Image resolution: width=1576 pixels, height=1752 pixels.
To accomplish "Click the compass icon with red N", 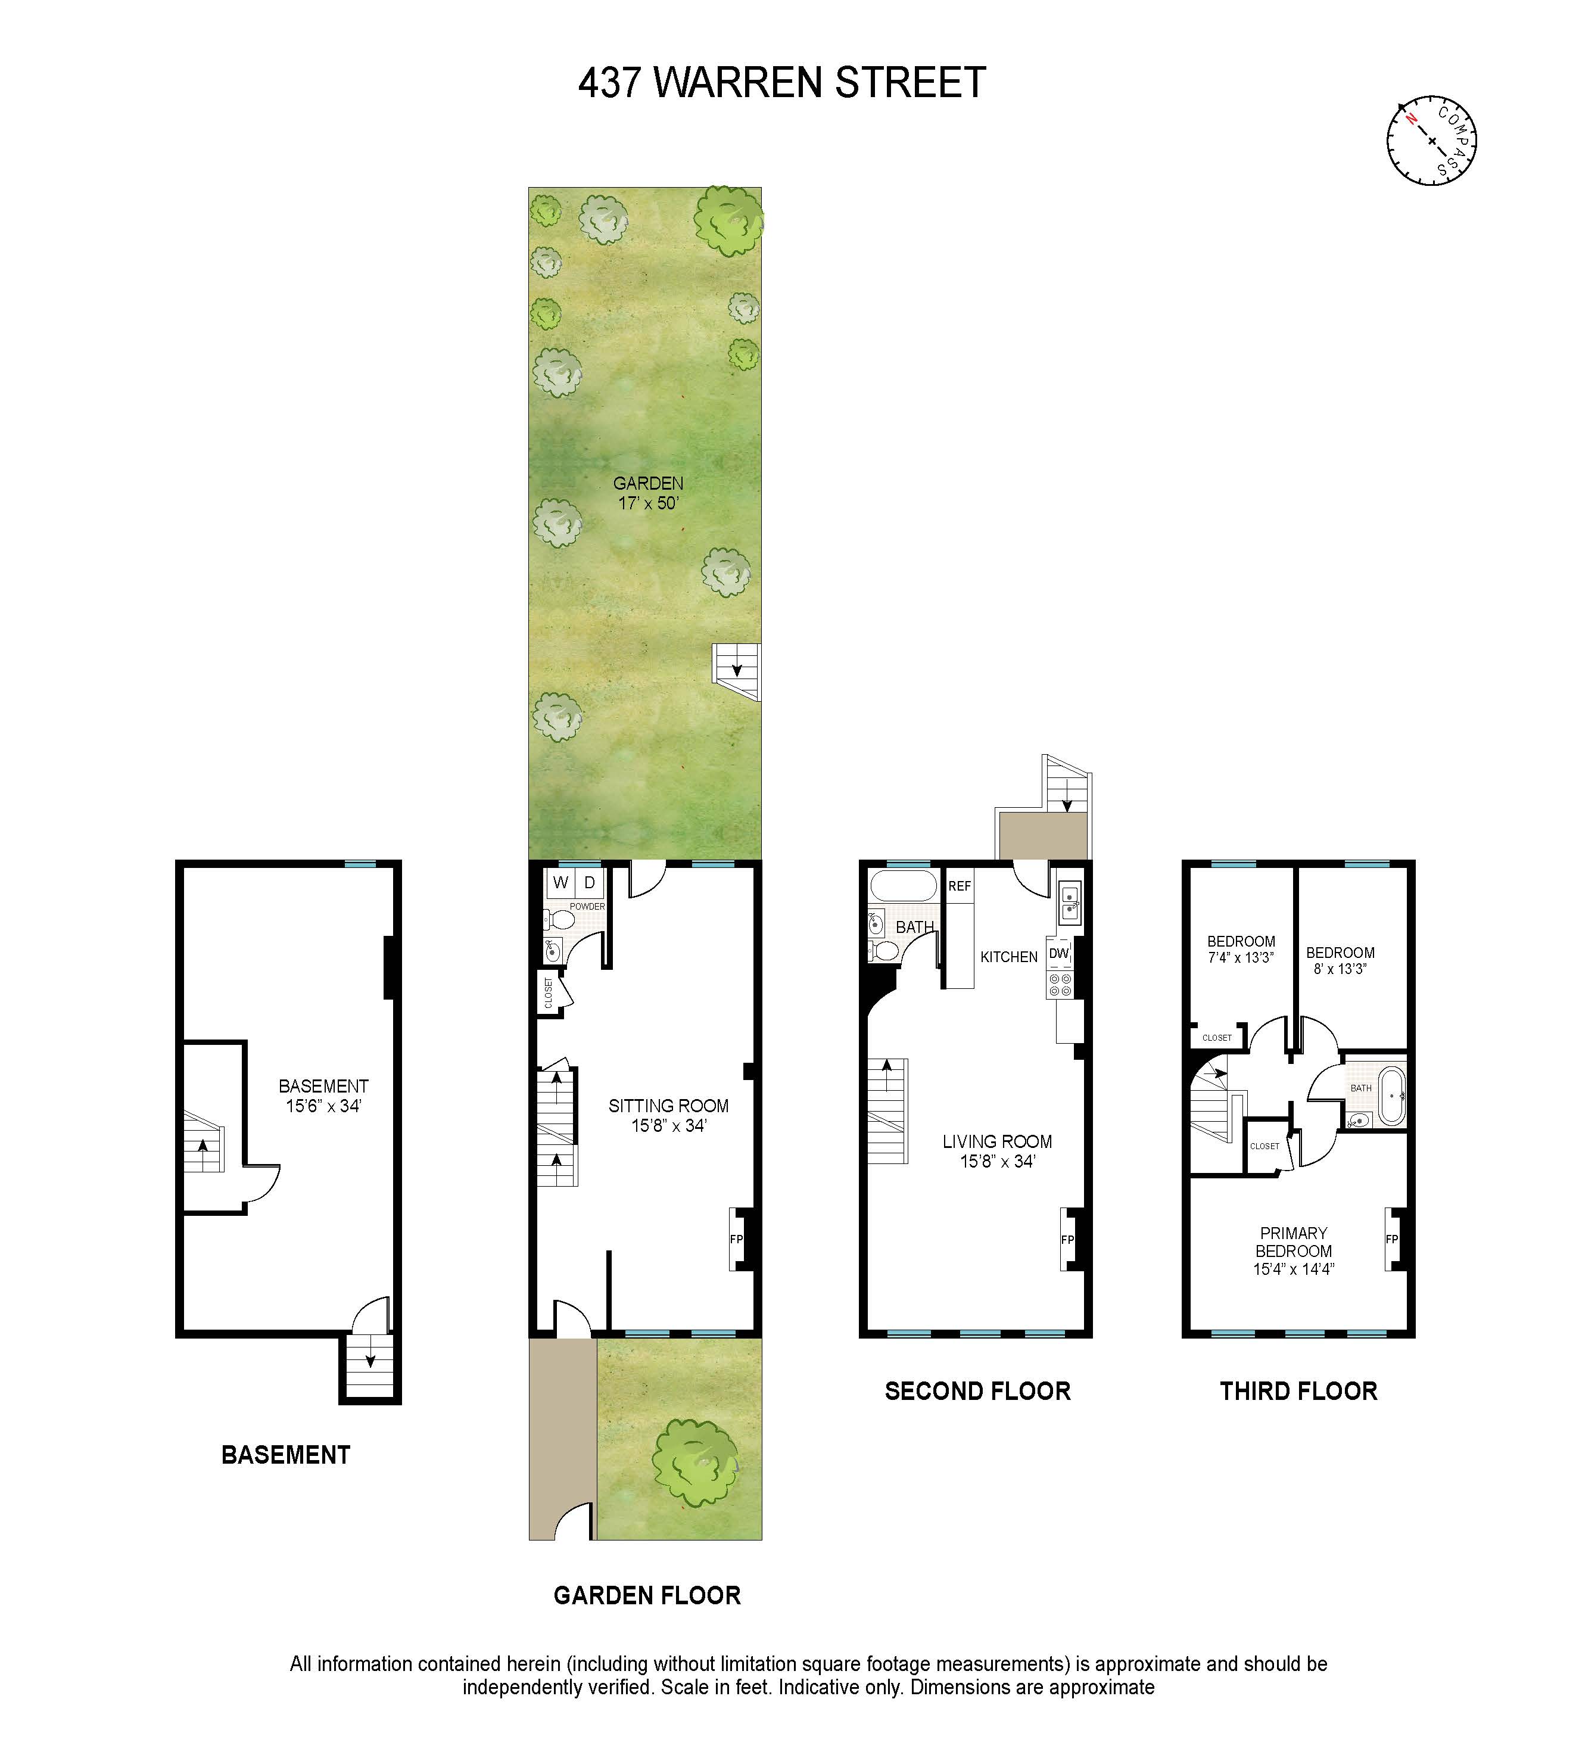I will pyautogui.click(x=1431, y=141).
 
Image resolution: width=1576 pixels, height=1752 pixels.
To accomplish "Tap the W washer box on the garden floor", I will pyautogui.click(x=560, y=882).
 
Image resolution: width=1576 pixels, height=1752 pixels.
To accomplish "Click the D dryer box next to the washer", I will pyautogui.click(x=590, y=882).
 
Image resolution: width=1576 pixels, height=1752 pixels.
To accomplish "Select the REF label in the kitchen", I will pyautogui.click(x=960, y=886).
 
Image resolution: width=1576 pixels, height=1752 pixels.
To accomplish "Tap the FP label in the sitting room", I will pyautogui.click(x=736, y=1239).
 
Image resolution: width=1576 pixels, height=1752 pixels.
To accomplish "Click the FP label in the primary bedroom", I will pyautogui.click(x=1391, y=1239).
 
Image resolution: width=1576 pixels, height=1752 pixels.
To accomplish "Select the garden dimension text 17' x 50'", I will pyautogui.click(x=647, y=503).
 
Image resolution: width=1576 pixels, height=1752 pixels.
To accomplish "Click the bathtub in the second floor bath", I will pyautogui.click(x=903, y=887).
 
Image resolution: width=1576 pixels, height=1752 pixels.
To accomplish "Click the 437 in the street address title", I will pyautogui.click(x=610, y=83).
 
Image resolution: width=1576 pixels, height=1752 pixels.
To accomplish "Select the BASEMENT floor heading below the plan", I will pyautogui.click(x=286, y=1454).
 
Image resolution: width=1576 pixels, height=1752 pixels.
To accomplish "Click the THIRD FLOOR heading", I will pyautogui.click(x=1298, y=1391).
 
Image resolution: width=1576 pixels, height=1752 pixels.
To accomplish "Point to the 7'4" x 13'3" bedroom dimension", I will pyautogui.click(x=1241, y=958).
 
